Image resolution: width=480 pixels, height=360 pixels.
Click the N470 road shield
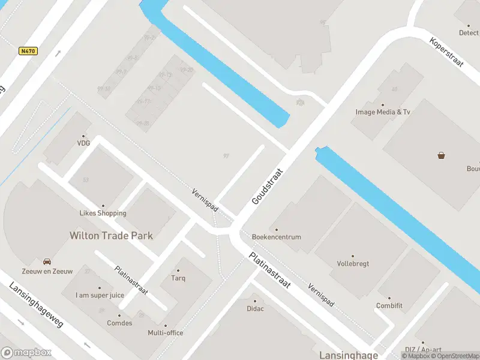[x=28, y=51]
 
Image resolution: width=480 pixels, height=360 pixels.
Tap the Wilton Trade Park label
[x=111, y=236]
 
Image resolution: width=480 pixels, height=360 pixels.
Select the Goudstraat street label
[x=267, y=186]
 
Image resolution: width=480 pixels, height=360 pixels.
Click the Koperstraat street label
[x=447, y=53]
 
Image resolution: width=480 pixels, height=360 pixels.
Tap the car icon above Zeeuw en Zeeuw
[x=47, y=262]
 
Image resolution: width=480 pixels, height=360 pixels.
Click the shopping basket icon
[x=442, y=156]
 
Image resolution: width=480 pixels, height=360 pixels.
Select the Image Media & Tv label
[x=382, y=112]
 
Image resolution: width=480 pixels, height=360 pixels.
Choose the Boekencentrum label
[x=277, y=237]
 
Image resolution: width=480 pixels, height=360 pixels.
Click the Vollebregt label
[x=353, y=263]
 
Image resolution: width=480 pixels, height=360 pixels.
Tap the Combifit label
[x=389, y=306]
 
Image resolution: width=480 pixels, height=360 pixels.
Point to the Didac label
[x=255, y=308]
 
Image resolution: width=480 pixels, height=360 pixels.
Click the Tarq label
[x=178, y=278]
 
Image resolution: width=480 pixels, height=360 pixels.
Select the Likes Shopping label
[x=103, y=213]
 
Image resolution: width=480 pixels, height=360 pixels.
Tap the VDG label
[x=83, y=143]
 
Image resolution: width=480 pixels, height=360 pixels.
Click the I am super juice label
[x=100, y=295]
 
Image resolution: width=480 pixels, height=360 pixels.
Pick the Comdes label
[x=119, y=322]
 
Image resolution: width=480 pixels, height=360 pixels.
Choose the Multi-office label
[x=166, y=333]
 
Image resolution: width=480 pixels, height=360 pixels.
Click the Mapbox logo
[x=26, y=353]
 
